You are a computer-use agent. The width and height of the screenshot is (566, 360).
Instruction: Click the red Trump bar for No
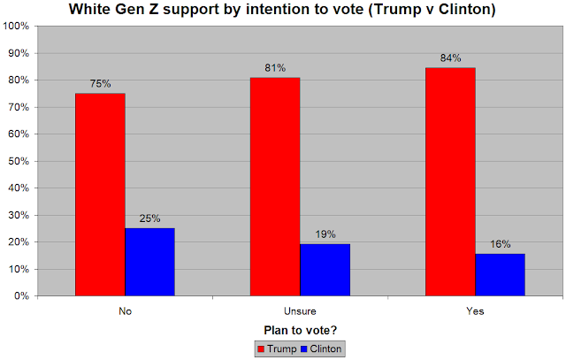pyautogui.click(x=100, y=195)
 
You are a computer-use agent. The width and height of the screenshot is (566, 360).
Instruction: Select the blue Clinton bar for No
pyautogui.click(x=149, y=262)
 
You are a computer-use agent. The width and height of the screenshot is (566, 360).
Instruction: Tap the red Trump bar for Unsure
pyautogui.click(x=275, y=187)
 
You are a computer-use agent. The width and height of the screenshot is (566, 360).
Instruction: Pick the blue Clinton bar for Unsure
pyautogui.click(x=325, y=270)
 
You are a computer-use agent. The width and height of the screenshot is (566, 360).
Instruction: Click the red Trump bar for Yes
pyautogui.click(x=450, y=182)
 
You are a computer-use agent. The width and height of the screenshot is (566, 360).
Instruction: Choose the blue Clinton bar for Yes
pyautogui.click(x=500, y=274)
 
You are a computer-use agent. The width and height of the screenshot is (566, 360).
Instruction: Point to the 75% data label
pyautogui.click(x=100, y=85)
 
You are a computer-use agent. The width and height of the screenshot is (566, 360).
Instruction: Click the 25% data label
pyautogui.click(x=149, y=219)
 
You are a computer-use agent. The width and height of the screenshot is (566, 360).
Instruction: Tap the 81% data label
pyautogui.click(x=275, y=68)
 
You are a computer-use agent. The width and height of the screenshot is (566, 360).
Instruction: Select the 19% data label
pyautogui.click(x=325, y=235)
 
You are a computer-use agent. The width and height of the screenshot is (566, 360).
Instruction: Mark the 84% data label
pyautogui.click(x=450, y=59)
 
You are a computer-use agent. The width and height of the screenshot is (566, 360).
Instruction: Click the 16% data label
pyautogui.click(x=500, y=244)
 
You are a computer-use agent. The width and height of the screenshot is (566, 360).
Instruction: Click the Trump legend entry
pyautogui.click(x=276, y=349)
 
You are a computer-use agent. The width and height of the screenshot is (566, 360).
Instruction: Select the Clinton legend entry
pyautogui.click(x=319, y=349)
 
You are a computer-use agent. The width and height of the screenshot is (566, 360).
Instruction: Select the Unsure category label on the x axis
pyautogui.click(x=300, y=311)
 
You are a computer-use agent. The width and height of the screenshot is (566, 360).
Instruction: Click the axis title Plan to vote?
pyautogui.click(x=299, y=331)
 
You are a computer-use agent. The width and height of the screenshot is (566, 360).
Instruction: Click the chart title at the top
pyautogui.click(x=282, y=10)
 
